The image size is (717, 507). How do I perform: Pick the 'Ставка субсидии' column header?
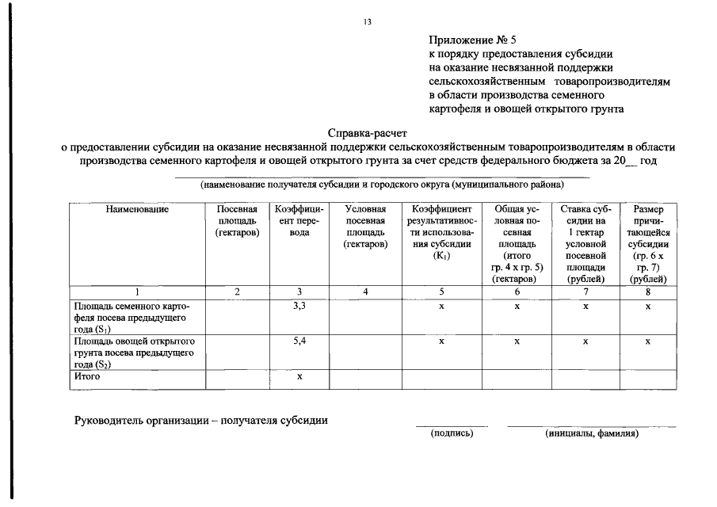pos(585,243)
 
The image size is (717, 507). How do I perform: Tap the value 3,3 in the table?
pos(299,306)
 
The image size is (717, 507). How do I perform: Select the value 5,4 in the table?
pos(299,341)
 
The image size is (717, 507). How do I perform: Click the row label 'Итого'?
pos(87,376)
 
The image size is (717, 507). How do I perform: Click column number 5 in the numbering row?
pos(441,292)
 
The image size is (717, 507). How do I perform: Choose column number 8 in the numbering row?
pos(648,292)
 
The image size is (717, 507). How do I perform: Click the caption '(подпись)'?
pos(452,433)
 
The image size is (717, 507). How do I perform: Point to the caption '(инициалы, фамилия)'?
pos(591,433)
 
